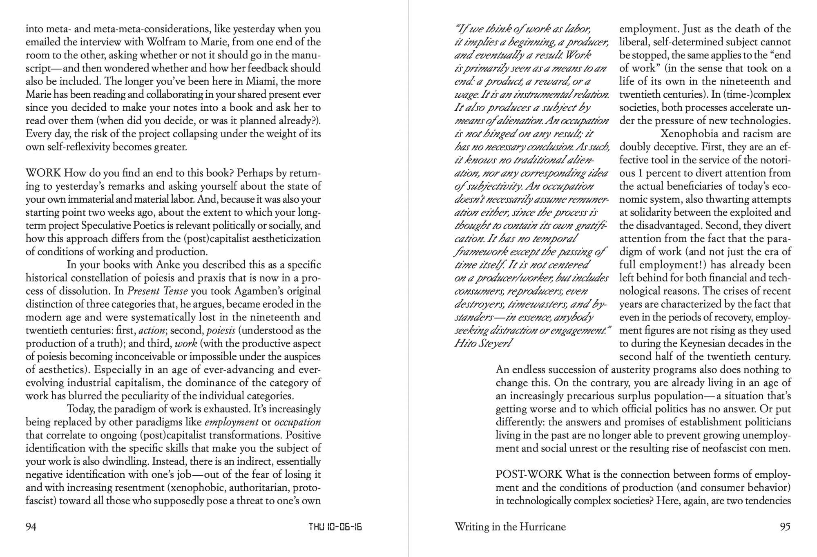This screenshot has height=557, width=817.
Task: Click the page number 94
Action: click(x=31, y=527)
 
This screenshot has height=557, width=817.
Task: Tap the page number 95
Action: click(x=785, y=527)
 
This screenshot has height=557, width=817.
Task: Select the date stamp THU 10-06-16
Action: click(x=335, y=527)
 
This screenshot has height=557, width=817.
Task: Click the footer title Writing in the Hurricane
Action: click(x=510, y=527)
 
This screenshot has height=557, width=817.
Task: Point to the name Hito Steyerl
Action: click(x=482, y=343)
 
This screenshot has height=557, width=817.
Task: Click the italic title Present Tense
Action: click(x=158, y=291)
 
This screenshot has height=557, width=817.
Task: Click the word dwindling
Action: click(x=126, y=461)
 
